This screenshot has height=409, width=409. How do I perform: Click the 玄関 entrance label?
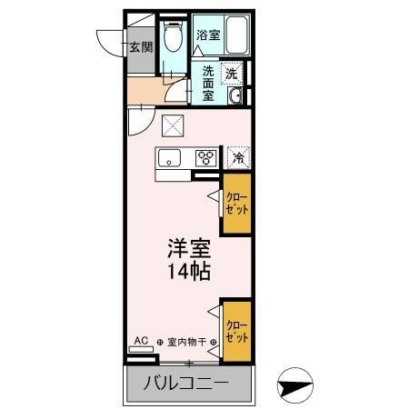pos(140,48)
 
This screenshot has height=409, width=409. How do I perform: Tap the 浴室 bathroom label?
pos(208,35)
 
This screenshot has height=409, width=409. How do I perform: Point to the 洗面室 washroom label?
pos(208,82)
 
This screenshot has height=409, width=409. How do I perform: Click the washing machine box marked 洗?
pos(233,72)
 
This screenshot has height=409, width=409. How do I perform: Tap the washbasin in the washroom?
pos(234,96)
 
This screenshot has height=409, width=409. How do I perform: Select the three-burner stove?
pos(206,158)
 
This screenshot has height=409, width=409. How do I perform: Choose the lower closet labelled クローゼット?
pos(236,331)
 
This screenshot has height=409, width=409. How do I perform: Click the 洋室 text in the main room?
pos(187,247)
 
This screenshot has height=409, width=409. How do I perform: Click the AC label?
pos(141,342)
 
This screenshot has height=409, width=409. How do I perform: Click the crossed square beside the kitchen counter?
pos(171,126)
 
